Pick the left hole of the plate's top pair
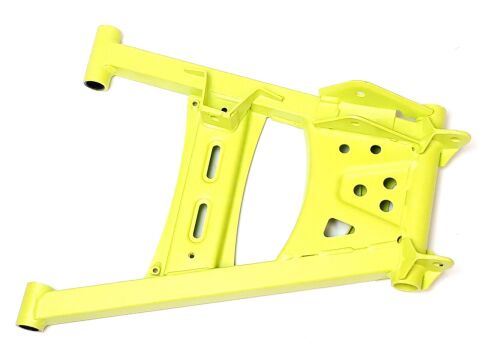coord(344,148)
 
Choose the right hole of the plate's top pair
coord(375,149)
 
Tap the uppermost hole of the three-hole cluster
coord(384,184)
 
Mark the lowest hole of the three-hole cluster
coord(386,206)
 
